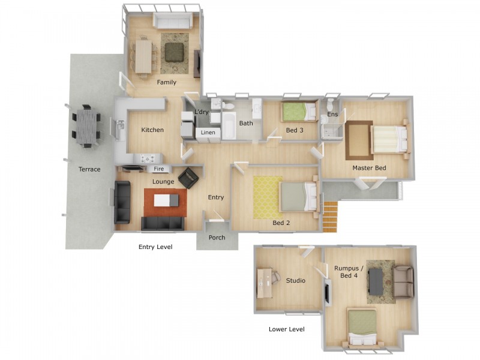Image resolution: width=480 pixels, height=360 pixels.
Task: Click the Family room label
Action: tap(166, 82)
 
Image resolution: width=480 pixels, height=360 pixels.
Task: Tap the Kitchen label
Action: tap(152, 130)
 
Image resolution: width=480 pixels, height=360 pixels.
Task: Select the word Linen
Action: tap(208, 132)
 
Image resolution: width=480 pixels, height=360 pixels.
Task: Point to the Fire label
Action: tap(159, 169)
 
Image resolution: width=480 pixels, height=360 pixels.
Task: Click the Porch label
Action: tap(217, 238)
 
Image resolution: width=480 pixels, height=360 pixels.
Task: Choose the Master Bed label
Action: tap(369, 168)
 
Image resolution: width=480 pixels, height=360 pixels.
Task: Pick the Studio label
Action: tap(295, 281)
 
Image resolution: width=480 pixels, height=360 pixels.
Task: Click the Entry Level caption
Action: tap(155, 247)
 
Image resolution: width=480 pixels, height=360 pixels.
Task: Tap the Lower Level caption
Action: tap(287, 329)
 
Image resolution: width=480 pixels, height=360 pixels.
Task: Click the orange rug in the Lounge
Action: tap(166, 202)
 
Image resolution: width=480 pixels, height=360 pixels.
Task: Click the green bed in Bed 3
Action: tap(299, 111)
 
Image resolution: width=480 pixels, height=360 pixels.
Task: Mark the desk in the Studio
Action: tap(264, 283)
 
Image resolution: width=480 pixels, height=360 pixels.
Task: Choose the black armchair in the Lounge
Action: tap(188, 178)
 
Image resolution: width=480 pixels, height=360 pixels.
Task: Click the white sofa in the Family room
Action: tap(173, 22)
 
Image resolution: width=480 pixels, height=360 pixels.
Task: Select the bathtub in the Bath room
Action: tap(230, 124)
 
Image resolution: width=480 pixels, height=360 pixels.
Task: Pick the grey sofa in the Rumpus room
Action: tap(403, 281)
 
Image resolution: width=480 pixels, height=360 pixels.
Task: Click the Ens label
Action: tap(332, 114)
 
